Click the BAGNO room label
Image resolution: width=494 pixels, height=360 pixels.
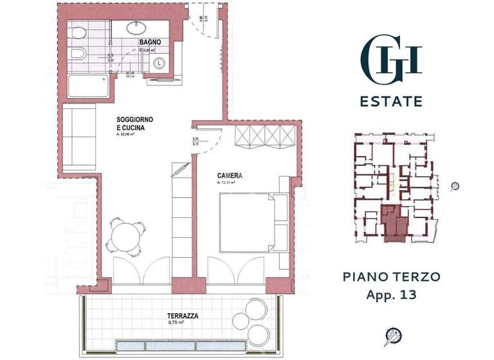tap(149, 42)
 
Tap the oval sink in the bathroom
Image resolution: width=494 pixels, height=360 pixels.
tap(138, 27)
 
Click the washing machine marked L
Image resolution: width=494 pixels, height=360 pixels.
tap(159, 64)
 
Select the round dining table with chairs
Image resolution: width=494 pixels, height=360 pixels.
tap(126, 234)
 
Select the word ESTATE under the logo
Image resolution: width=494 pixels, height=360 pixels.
tap(390, 102)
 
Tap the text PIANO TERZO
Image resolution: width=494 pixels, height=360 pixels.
tap(391, 277)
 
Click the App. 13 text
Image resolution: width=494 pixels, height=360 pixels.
tap(391, 296)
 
